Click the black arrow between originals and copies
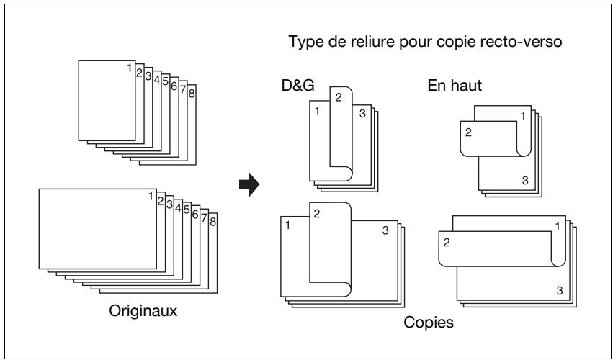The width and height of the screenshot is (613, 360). click(249, 184)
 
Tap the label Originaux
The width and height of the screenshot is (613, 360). click(143, 311)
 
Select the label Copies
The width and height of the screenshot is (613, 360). click(429, 323)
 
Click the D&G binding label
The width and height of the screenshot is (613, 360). click(298, 86)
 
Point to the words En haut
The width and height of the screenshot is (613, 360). click(455, 86)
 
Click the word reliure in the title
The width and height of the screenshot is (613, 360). click(367, 42)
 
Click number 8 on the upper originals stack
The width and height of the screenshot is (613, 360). click(192, 94)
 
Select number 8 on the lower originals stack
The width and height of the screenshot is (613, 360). click(212, 222)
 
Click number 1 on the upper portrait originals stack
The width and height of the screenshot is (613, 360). click(130, 68)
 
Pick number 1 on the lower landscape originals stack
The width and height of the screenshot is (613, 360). click(151, 197)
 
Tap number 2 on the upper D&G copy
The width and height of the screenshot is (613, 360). click(339, 97)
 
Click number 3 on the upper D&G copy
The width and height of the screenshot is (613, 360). click(362, 114)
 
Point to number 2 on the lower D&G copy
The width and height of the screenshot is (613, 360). click(317, 214)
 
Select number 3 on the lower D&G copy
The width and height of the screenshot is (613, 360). click(385, 230)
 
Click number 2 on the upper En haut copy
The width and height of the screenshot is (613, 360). click(468, 132)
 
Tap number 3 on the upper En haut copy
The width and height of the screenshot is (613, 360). click(525, 180)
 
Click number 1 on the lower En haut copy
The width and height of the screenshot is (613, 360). click(558, 226)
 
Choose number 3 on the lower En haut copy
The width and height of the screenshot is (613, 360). click(560, 290)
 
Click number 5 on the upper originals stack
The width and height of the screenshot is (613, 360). click(166, 81)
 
